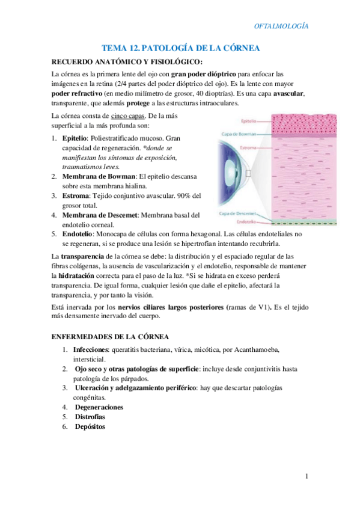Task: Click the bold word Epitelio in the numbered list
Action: pyautogui.click(x=75, y=138)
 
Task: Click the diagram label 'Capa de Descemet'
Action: pyautogui.click(x=235, y=213)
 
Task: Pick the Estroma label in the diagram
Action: pyautogui.click(x=232, y=147)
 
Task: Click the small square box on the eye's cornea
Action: pyautogui.click(x=248, y=173)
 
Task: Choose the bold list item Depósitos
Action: pyautogui.click(x=90, y=426)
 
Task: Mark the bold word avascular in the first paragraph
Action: pyautogui.click(x=288, y=93)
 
